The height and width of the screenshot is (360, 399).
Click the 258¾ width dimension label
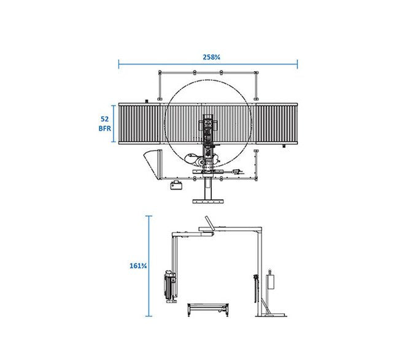point(211,57)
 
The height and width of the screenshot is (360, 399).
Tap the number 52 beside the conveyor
point(104,119)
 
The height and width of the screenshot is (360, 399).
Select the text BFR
point(104,128)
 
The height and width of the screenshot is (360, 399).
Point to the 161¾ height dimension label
point(138,266)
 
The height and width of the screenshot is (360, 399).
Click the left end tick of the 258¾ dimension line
point(118,64)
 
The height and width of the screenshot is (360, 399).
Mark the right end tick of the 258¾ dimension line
point(297,64)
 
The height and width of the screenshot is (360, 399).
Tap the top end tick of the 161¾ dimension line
point(149,216)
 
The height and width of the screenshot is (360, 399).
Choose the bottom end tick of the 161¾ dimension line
point(149,316)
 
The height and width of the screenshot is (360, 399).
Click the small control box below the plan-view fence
point(176,185)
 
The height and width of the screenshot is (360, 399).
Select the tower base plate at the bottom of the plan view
point(208,202)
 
